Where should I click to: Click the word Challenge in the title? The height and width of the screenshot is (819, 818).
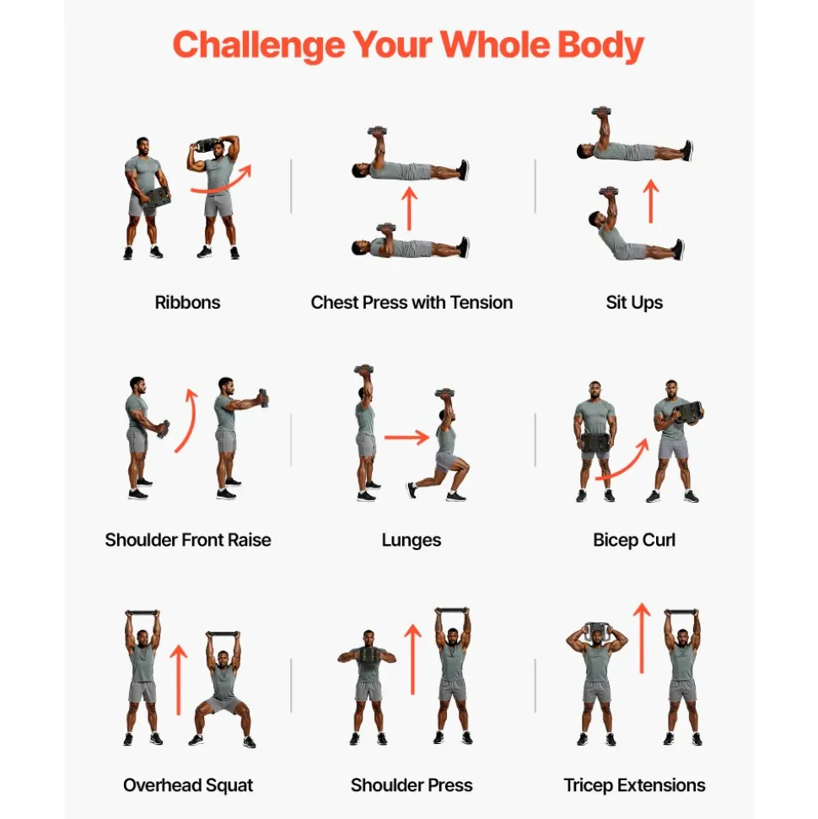coord(259,46)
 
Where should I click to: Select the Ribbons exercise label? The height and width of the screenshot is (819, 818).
coord(187,303)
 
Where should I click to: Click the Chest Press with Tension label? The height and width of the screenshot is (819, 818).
coord(412,303)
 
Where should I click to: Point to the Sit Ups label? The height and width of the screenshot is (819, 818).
coord(634,303)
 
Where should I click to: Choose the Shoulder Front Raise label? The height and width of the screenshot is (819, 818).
coord(188,540)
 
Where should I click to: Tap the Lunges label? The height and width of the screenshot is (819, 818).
coord(412,541)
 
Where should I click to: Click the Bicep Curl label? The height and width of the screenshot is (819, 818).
coord(634,540)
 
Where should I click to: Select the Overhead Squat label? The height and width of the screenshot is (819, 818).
coord(188,785)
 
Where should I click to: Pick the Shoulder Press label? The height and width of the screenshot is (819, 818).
coord(412,785)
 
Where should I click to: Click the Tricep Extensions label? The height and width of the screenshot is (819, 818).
coord(634,785)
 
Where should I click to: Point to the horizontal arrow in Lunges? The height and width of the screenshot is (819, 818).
coord(406,437)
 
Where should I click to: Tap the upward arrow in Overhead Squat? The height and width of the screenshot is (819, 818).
coord(179,680)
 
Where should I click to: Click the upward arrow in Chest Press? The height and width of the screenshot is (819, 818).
coord(410,209)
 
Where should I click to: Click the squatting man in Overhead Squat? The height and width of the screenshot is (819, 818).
coord(224,689)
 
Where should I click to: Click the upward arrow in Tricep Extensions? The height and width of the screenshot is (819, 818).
coord(642,638)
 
